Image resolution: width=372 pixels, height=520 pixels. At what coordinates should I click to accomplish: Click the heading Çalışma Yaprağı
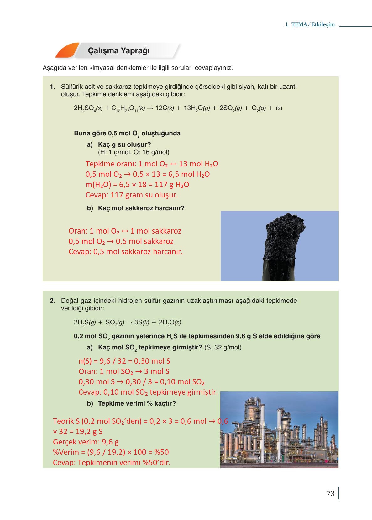118,51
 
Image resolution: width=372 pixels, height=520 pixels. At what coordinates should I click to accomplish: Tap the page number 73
330,494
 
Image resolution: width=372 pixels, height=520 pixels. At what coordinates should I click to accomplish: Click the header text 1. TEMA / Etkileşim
310,24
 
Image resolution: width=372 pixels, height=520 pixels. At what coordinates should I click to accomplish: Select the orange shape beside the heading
66,50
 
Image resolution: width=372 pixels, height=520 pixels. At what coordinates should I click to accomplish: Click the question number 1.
52,87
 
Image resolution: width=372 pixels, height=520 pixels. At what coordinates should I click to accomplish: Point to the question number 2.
52,301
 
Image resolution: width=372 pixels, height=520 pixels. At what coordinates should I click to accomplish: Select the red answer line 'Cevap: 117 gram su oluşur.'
132,195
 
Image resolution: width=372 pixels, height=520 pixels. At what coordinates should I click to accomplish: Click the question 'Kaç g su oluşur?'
124,144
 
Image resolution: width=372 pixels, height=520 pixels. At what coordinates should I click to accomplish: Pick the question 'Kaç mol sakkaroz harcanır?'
141,208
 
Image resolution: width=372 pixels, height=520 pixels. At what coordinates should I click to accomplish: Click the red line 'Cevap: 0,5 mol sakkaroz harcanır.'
125,252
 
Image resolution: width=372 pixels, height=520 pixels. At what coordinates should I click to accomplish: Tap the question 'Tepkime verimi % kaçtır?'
137,403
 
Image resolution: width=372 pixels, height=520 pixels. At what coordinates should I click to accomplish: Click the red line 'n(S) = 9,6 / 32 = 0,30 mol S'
124,361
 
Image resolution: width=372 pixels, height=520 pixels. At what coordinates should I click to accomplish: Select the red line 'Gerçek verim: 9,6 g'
86,442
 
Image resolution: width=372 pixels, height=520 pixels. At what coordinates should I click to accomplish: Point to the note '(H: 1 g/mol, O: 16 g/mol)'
134,152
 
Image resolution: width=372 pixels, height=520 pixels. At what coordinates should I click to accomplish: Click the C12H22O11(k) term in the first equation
128,108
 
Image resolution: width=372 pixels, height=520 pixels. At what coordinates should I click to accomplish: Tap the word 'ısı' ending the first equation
279,108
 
